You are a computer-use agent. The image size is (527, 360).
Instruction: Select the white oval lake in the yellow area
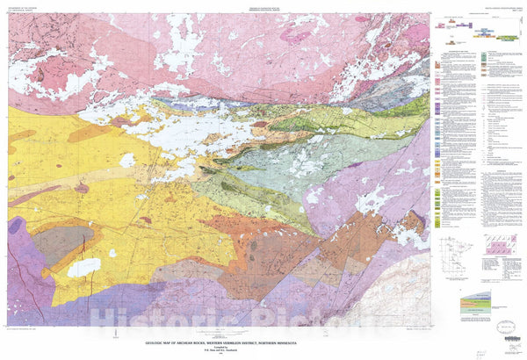[85, 267]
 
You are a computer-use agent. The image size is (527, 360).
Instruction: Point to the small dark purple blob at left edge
[15, 226]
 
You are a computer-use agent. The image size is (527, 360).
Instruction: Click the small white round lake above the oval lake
[128, 161]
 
